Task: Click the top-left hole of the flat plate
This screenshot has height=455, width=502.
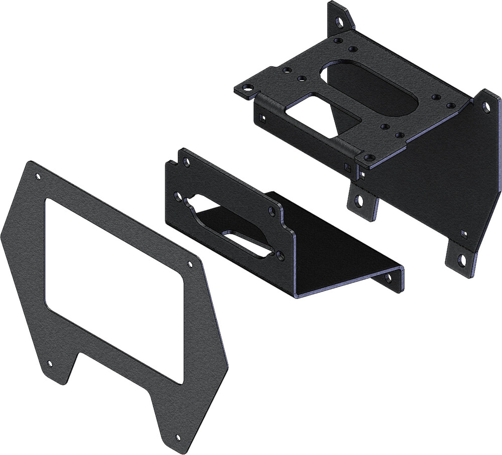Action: (38, 177)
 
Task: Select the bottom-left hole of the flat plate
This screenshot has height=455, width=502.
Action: (49, 363)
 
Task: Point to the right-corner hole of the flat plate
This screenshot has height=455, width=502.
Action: (190, 264)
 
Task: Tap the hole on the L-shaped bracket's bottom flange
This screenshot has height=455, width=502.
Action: (387, 277)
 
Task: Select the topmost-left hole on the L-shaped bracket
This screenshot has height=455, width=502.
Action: (187, 162)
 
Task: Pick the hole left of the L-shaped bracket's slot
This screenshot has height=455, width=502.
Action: (177, 197)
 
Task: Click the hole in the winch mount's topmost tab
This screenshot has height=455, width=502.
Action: (340, 22)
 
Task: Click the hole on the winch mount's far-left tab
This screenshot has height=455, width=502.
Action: (246, 88)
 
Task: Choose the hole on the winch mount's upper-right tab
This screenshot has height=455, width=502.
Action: (486, 107)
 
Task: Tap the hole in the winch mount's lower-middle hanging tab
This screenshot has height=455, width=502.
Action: (359, 201)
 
